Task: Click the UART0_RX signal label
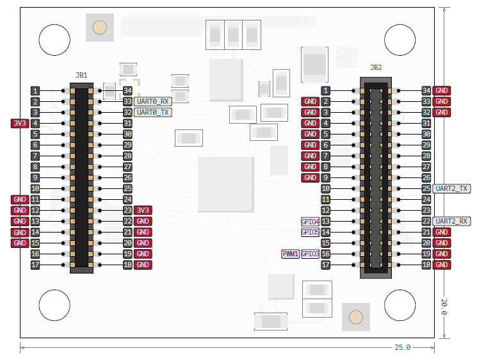(153, 101)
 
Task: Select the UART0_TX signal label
(153, 112)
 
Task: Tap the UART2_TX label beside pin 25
(451, 188)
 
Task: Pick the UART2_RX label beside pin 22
(451, 221)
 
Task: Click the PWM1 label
(290, 254)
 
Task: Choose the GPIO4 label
(310, 221)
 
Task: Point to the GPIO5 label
(310, 232)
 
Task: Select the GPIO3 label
(310, 254)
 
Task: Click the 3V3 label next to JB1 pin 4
(19, 123)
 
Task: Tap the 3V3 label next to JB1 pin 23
(143, 210)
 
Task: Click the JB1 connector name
(81, 76)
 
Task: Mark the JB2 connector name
(376, 67)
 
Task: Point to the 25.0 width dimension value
(402, 347)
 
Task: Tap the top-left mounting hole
(54, 40)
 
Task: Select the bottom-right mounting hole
(400, 304)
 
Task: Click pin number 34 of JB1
(127, 90)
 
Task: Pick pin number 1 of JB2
(326, 90)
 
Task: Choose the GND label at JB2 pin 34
(442, 90)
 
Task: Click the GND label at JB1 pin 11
(19, 199)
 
